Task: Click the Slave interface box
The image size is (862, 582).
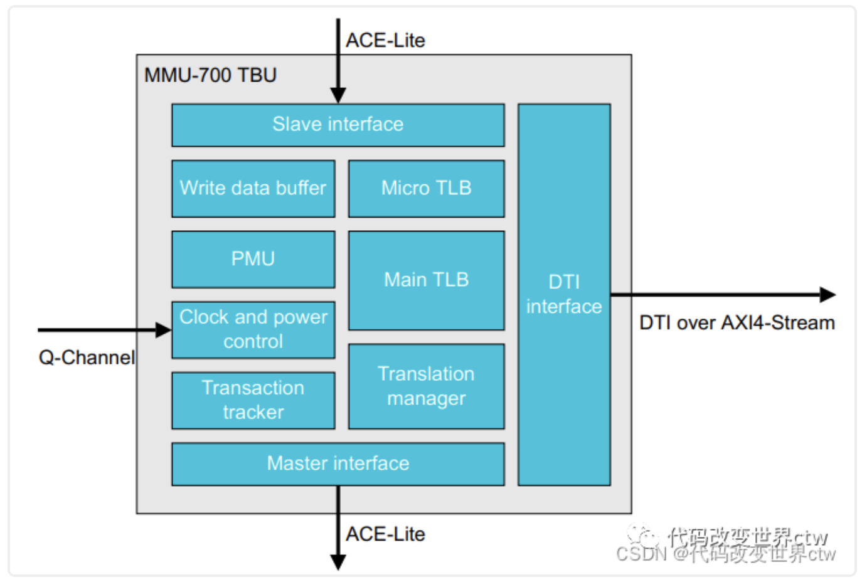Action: click(338, 125)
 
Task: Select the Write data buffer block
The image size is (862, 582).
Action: click(253, 188)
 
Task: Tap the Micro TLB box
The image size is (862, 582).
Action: click(426, 188)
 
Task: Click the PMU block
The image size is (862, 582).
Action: click(253, 259)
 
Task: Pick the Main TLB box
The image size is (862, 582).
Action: click(426, 280)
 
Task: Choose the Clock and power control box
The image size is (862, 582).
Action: click(253, 329)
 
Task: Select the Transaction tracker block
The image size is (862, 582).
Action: click(253, 400)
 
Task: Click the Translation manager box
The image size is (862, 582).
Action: click(426, 386)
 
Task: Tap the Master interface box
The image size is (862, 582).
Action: click(338, 463)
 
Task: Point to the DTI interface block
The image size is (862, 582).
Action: click(563, 294)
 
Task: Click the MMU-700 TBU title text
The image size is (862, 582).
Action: click(210, 75)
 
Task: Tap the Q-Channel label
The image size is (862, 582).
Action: click(87, 357)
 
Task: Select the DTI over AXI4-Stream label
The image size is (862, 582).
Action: click(737, 323)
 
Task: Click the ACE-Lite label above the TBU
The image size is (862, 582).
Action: click(385, 41)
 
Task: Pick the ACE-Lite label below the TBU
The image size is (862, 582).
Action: click(385, 534)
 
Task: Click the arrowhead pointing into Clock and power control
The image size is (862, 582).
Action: click(163, 330)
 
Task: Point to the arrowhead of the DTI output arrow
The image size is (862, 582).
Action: click(827, 294)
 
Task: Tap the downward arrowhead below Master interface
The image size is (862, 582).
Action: click(338, 562)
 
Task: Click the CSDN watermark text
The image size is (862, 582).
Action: click(726, 554)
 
